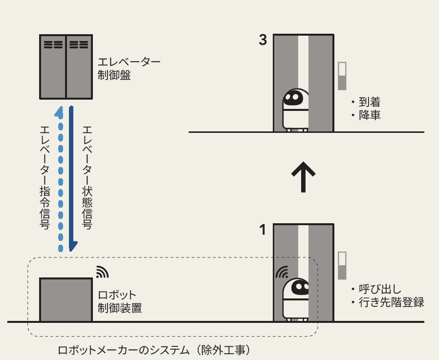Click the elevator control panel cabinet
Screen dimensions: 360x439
tap(66, 65)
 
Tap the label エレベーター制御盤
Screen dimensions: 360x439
tap(129, 69)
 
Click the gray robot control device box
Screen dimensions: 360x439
tap(66, 299)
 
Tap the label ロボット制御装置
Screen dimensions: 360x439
tap(120, 302)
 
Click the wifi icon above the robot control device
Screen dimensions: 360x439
tap(101, 272)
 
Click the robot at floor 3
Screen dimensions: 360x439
tap(296, 110)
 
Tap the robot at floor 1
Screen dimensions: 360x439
tap(296, 299)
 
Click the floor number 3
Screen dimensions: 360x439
tap(263, 41)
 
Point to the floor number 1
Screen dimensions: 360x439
tap(263, 230)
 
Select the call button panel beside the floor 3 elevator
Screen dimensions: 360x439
tap(342, 76)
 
